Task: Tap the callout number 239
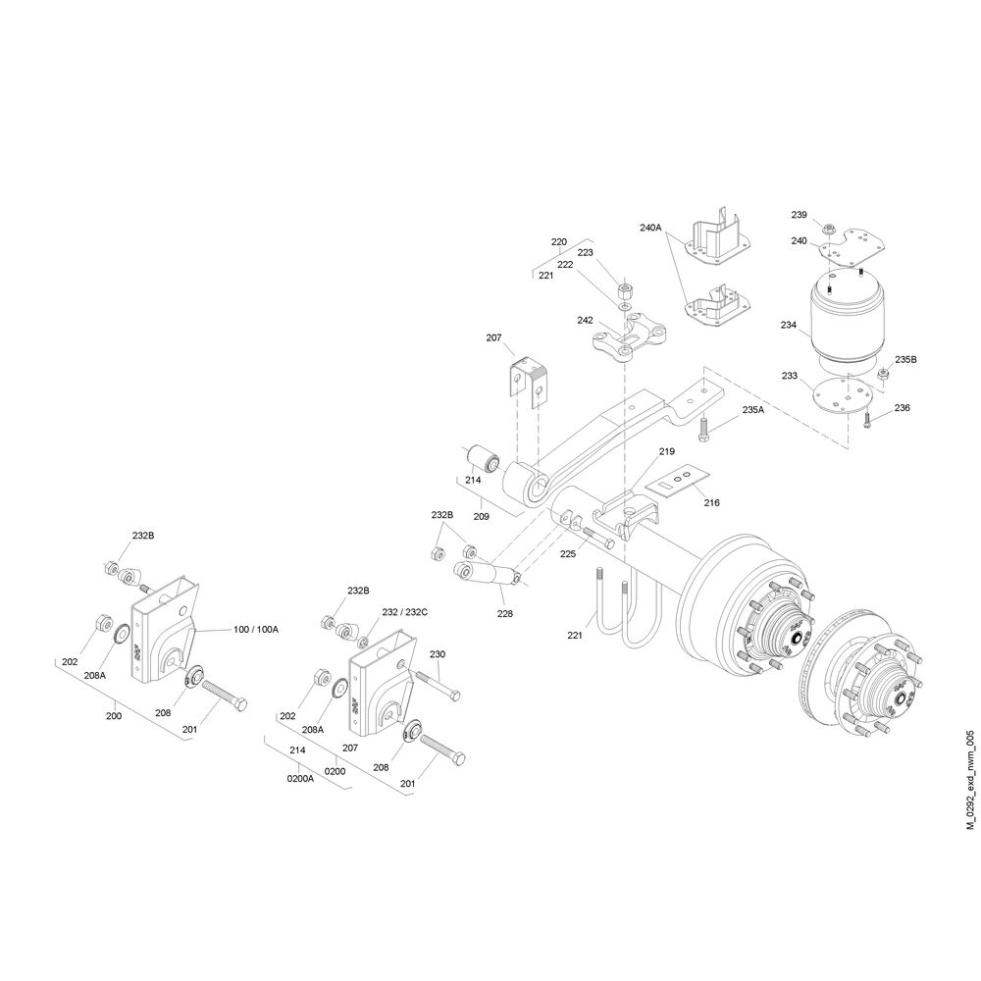[799, 215]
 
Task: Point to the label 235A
[752, 410]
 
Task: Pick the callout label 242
[585, 321]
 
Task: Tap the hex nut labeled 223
[625, 290]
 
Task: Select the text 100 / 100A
[256, 630]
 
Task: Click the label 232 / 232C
[405, 612]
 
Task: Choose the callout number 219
[666, 451]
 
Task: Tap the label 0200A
[300, 779]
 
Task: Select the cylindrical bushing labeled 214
[483, 458]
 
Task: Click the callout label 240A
[650, 228]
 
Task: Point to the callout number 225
[567, 553]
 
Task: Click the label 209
[481, 517]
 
